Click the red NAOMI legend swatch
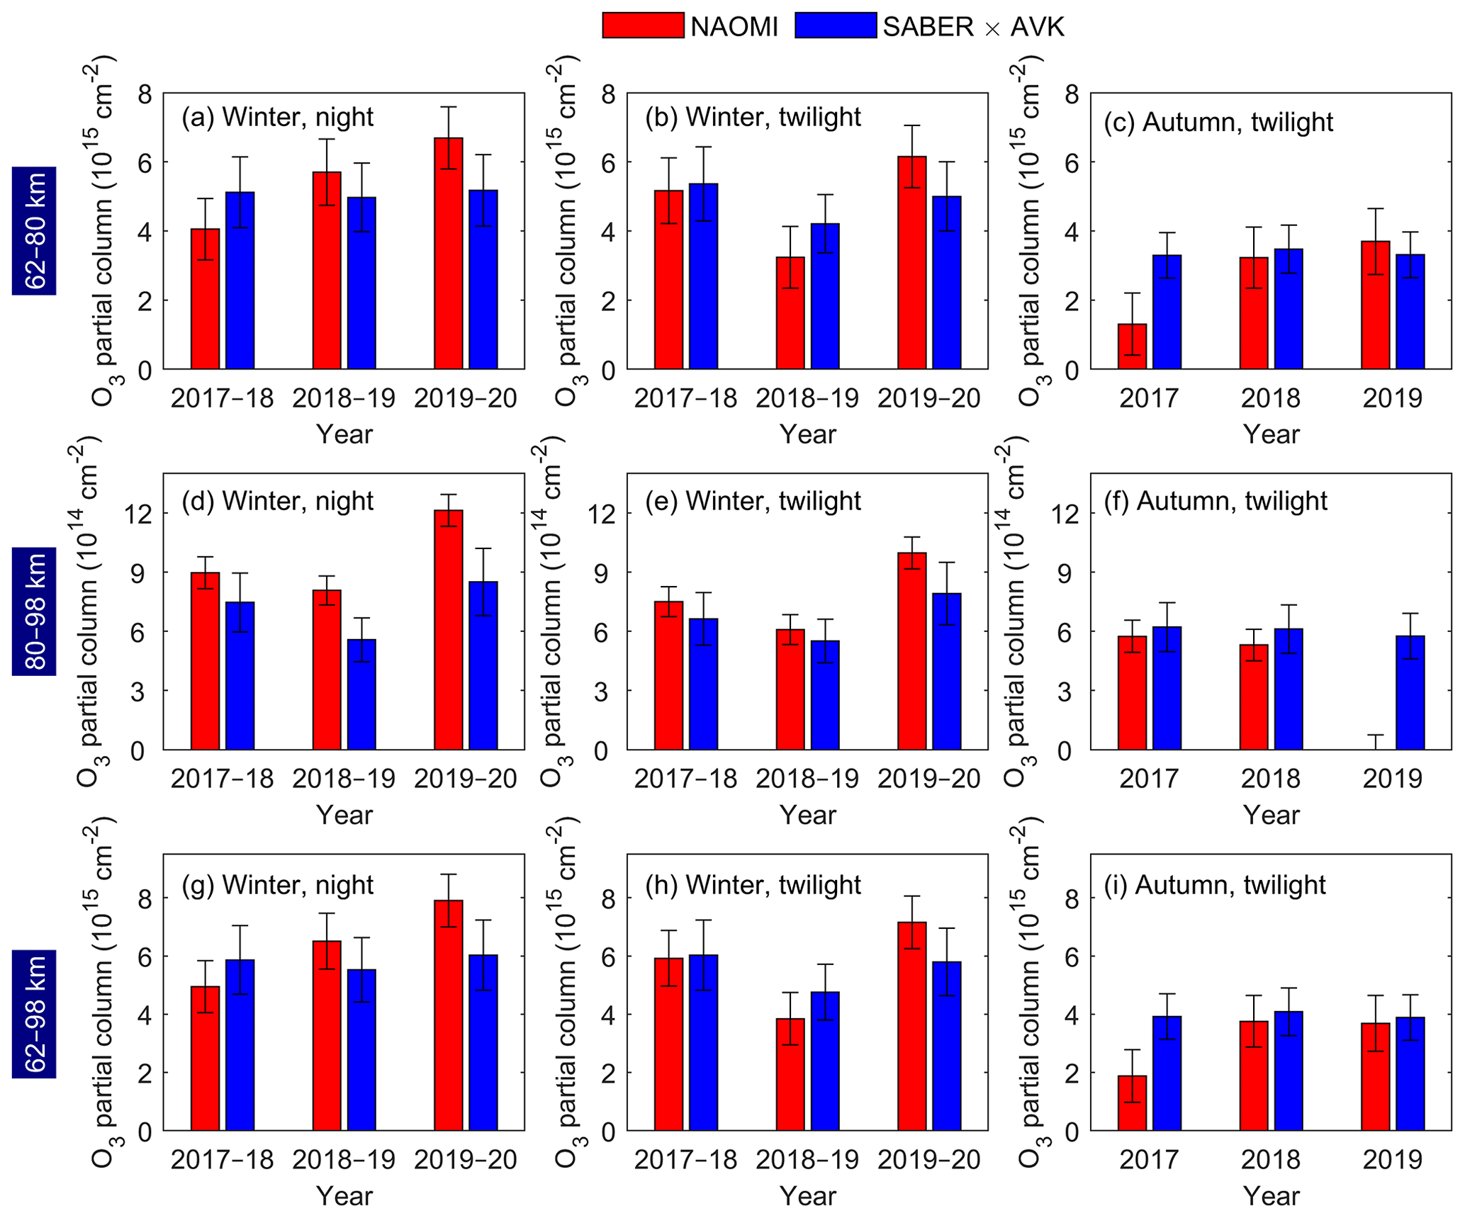pyautogui.click(x=642, y=26)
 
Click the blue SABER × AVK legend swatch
pyautogui.click(x=835, y=26)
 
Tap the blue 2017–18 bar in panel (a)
pyautogui.click(x=240, y=281)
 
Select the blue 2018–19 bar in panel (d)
pyautogui.click(x=361, y=694)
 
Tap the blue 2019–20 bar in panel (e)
pyautogui.click(x=946, y=671)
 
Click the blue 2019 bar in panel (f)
pyautogui.click(x=1410, y=692)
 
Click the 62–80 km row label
pyautogui.click(x=34, y=231)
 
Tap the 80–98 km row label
pyautogui.click(x=34, y=611)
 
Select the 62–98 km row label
pyautogui.click(x=34, y=1013)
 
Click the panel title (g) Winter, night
pyautogui.click(x=277, y=885)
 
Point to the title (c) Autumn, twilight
pyautogui.click(x=1218, y=122)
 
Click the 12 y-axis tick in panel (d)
pyautogui.click(x=142, y=514)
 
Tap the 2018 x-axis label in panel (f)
pyautogui.click(x=1270, y=778)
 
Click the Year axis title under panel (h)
pyautogui.click(x=807, y=1196)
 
